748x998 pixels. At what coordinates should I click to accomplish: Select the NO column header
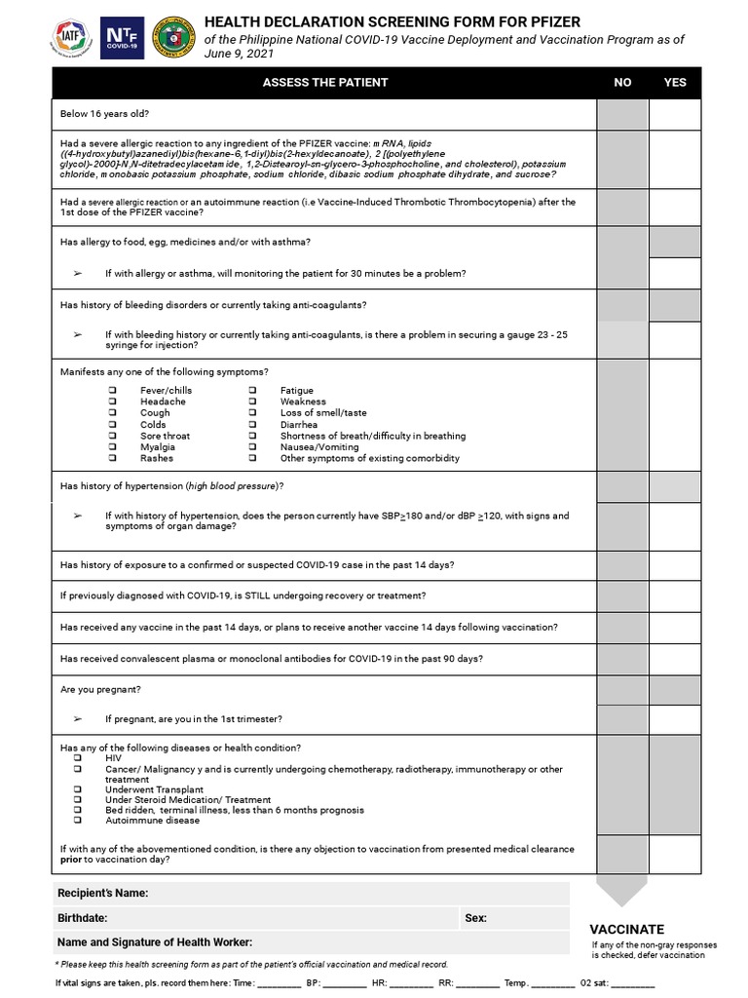(622, 83)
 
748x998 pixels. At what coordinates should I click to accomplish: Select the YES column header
(675, 83)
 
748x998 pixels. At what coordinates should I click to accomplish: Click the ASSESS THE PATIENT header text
(325, 83)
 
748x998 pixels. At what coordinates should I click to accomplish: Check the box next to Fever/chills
(113, 391)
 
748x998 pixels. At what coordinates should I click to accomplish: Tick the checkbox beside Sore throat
(113, 436)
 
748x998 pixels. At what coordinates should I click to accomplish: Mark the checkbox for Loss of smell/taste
(252, 413)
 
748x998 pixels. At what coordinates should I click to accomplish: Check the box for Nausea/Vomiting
(252, 447)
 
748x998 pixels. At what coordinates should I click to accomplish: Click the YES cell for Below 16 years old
(675, 114)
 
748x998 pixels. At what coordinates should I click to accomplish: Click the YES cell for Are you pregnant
(675, 690)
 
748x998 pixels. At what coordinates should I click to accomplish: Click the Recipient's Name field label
(102, 893)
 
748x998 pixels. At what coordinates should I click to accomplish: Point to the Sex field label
(476, 918)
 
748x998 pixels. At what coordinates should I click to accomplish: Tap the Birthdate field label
(83, 918)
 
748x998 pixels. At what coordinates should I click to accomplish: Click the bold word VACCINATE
(627, 930)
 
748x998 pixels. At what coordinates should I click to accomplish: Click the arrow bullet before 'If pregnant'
(78, 719)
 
